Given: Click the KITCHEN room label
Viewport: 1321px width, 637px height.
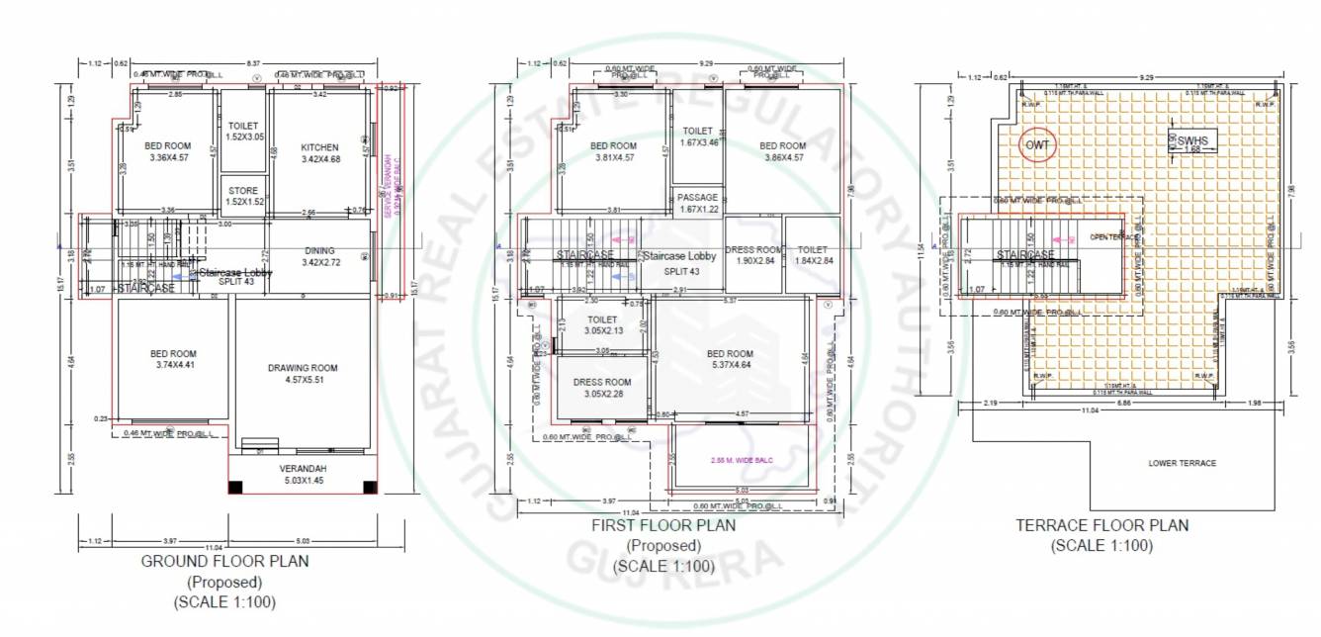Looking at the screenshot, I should point(319,147).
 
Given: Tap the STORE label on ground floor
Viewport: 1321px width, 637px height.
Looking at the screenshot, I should point(242,190).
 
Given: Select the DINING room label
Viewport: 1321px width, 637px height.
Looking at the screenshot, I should point(319,250).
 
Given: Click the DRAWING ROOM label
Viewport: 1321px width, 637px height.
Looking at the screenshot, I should point(303,368).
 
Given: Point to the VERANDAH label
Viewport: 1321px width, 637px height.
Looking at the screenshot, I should point(303,468).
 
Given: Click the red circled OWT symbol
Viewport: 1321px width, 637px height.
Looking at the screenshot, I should point(1037,145).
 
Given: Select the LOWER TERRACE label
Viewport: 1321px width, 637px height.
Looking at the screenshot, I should point(1182,463).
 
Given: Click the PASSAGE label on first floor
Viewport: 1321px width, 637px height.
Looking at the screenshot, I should point(697,198).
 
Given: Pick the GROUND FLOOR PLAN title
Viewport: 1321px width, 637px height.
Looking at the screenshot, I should point(226,562).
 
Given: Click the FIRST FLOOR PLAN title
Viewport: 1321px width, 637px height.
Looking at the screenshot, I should point(663,526).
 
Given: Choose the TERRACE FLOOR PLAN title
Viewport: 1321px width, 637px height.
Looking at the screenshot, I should point(1101,526).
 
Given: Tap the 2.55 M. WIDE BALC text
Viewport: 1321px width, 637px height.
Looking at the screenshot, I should point(740,461).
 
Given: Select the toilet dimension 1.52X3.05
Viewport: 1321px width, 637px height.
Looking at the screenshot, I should point(242,137).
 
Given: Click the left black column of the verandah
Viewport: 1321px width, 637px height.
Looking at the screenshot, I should point(235,486).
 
